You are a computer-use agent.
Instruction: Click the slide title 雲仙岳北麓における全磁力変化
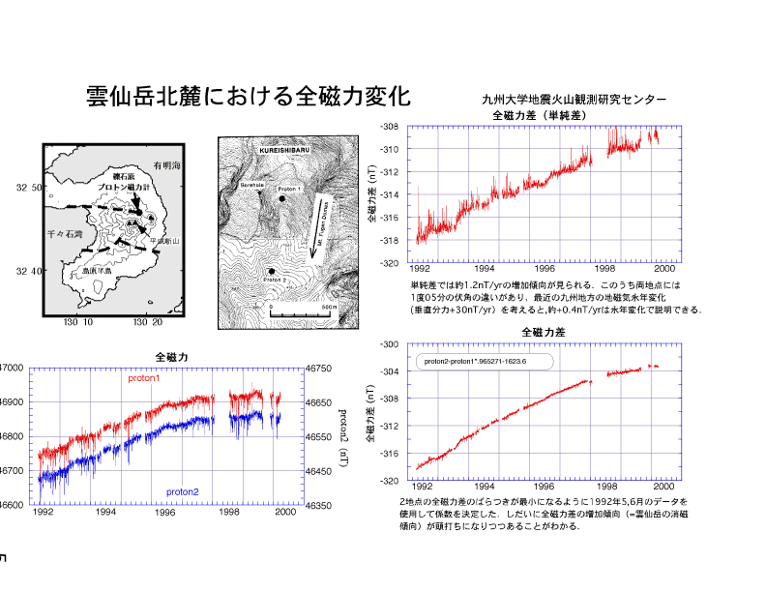[x=249, y=97]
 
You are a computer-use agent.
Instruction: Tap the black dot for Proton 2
[x=273, y=272]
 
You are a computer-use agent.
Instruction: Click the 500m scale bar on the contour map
[x=301, y=313]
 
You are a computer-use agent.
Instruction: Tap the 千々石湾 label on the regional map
[x=66, y=234]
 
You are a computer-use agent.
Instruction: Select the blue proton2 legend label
[x=182, y=492]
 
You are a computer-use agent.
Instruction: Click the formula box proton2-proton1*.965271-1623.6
[x=484, y=362]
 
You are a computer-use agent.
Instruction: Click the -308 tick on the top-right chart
[x=388, y=127]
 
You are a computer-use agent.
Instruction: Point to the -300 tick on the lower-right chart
[x=388, y=344]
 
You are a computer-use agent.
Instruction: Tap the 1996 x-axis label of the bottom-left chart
[x=166, y=513]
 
